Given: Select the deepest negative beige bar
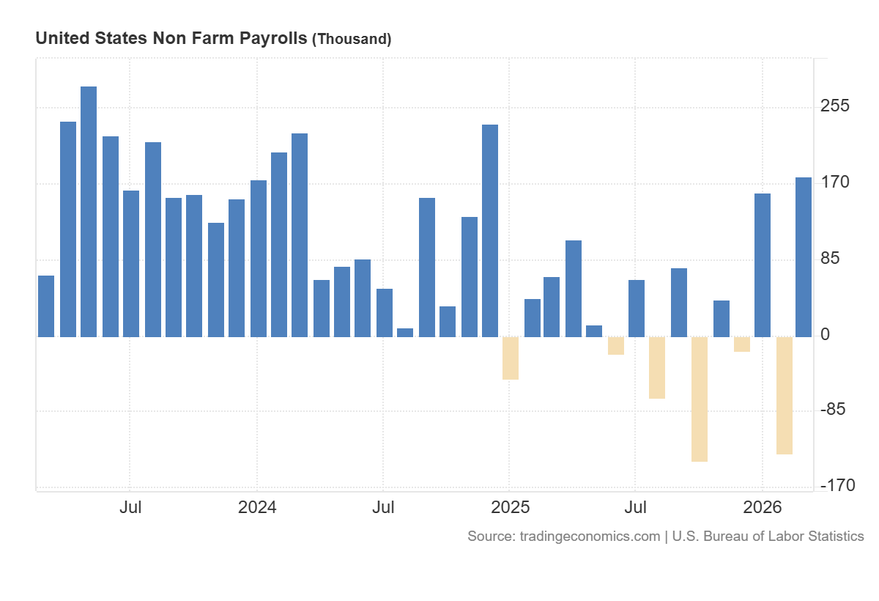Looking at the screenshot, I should click(700, 399).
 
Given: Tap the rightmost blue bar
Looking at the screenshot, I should click(804, 257).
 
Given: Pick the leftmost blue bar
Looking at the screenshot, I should click(46, 306).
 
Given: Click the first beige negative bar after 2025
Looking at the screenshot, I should click(511, 358).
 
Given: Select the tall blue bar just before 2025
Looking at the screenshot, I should click(490, 231).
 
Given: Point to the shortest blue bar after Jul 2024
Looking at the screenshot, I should click(405, 333).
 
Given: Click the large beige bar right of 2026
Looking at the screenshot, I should click(785, 396).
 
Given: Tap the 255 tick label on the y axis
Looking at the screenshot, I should click(834, 106).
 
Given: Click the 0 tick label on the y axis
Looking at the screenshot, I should click(826, 335).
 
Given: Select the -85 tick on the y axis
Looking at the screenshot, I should click(834, 410).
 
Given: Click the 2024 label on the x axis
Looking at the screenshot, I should click(257, 507).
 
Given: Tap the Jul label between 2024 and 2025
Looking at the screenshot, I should click(383, 507).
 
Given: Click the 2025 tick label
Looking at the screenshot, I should click(510, 507).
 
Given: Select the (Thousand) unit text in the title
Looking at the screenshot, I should click(352, 40).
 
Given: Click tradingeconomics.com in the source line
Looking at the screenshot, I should click(590, 537).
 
